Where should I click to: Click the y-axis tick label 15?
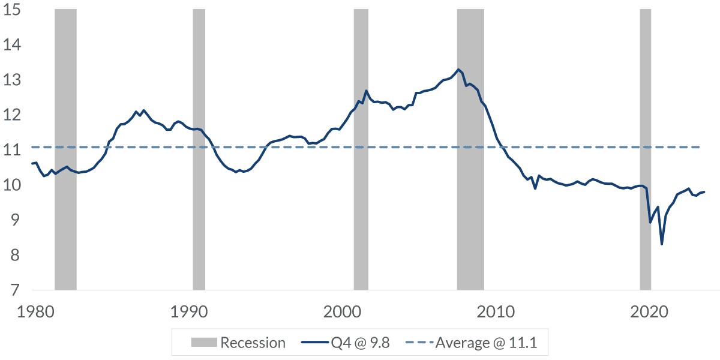[12, 11]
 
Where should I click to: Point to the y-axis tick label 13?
[12, 80]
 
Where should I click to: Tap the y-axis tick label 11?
[12, 151]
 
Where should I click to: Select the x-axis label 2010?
[496, 313]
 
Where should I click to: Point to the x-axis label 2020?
[649, 313]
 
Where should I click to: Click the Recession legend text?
[253, 343]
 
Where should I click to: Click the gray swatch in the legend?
[203, 343]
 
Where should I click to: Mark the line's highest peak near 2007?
[458, 70]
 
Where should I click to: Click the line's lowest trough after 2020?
[662, 244]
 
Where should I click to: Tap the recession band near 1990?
[199, 150]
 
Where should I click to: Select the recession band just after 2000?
[361, 150]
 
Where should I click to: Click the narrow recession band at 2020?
[645, 150]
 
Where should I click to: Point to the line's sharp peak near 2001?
[366, 91]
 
